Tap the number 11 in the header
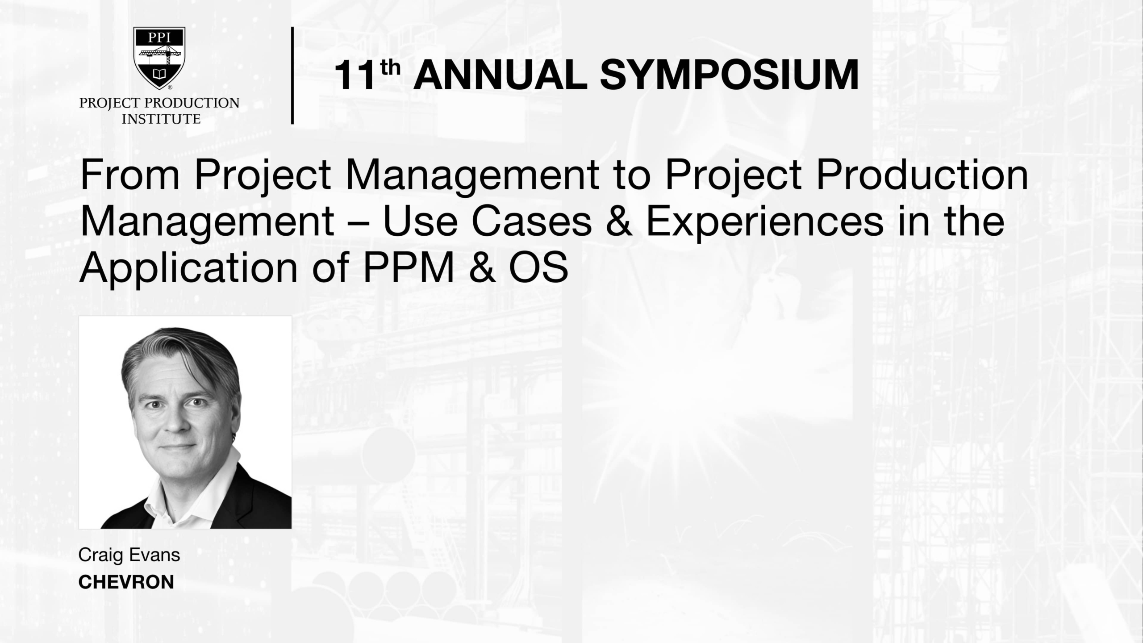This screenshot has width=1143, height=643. coord(354,76)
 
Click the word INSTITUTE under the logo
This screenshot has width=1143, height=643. coord(161,119)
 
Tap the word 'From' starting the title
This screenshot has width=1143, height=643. coord(130,175)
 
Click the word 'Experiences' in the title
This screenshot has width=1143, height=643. coord(764,222)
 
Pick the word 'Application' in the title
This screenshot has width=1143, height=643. coord(188,269)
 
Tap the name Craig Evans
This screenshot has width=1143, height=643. coord(129,555)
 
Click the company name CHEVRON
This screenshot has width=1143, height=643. coord(126,582)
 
